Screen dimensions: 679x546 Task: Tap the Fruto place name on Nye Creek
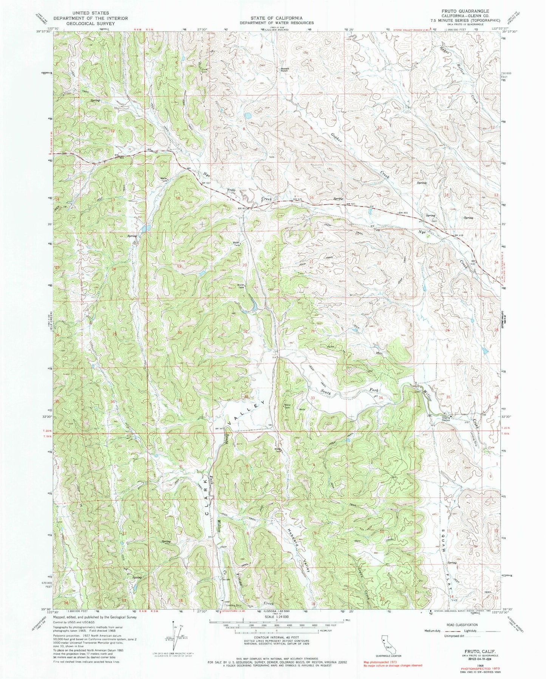pos(231,190)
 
